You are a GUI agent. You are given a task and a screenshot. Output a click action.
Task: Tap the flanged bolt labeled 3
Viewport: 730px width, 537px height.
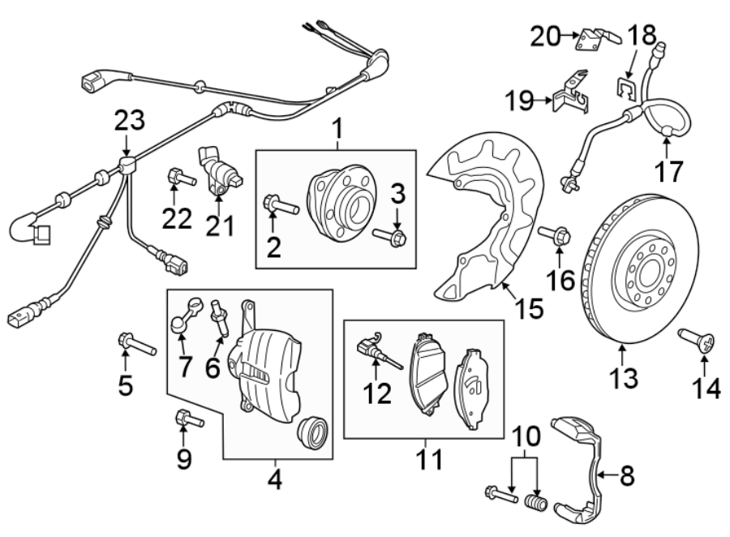[x=392, y=238]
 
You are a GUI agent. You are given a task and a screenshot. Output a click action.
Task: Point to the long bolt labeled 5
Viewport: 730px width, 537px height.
[x=136, y=344]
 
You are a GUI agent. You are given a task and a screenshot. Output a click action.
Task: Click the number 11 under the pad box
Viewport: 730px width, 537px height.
[x=429, y=461]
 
